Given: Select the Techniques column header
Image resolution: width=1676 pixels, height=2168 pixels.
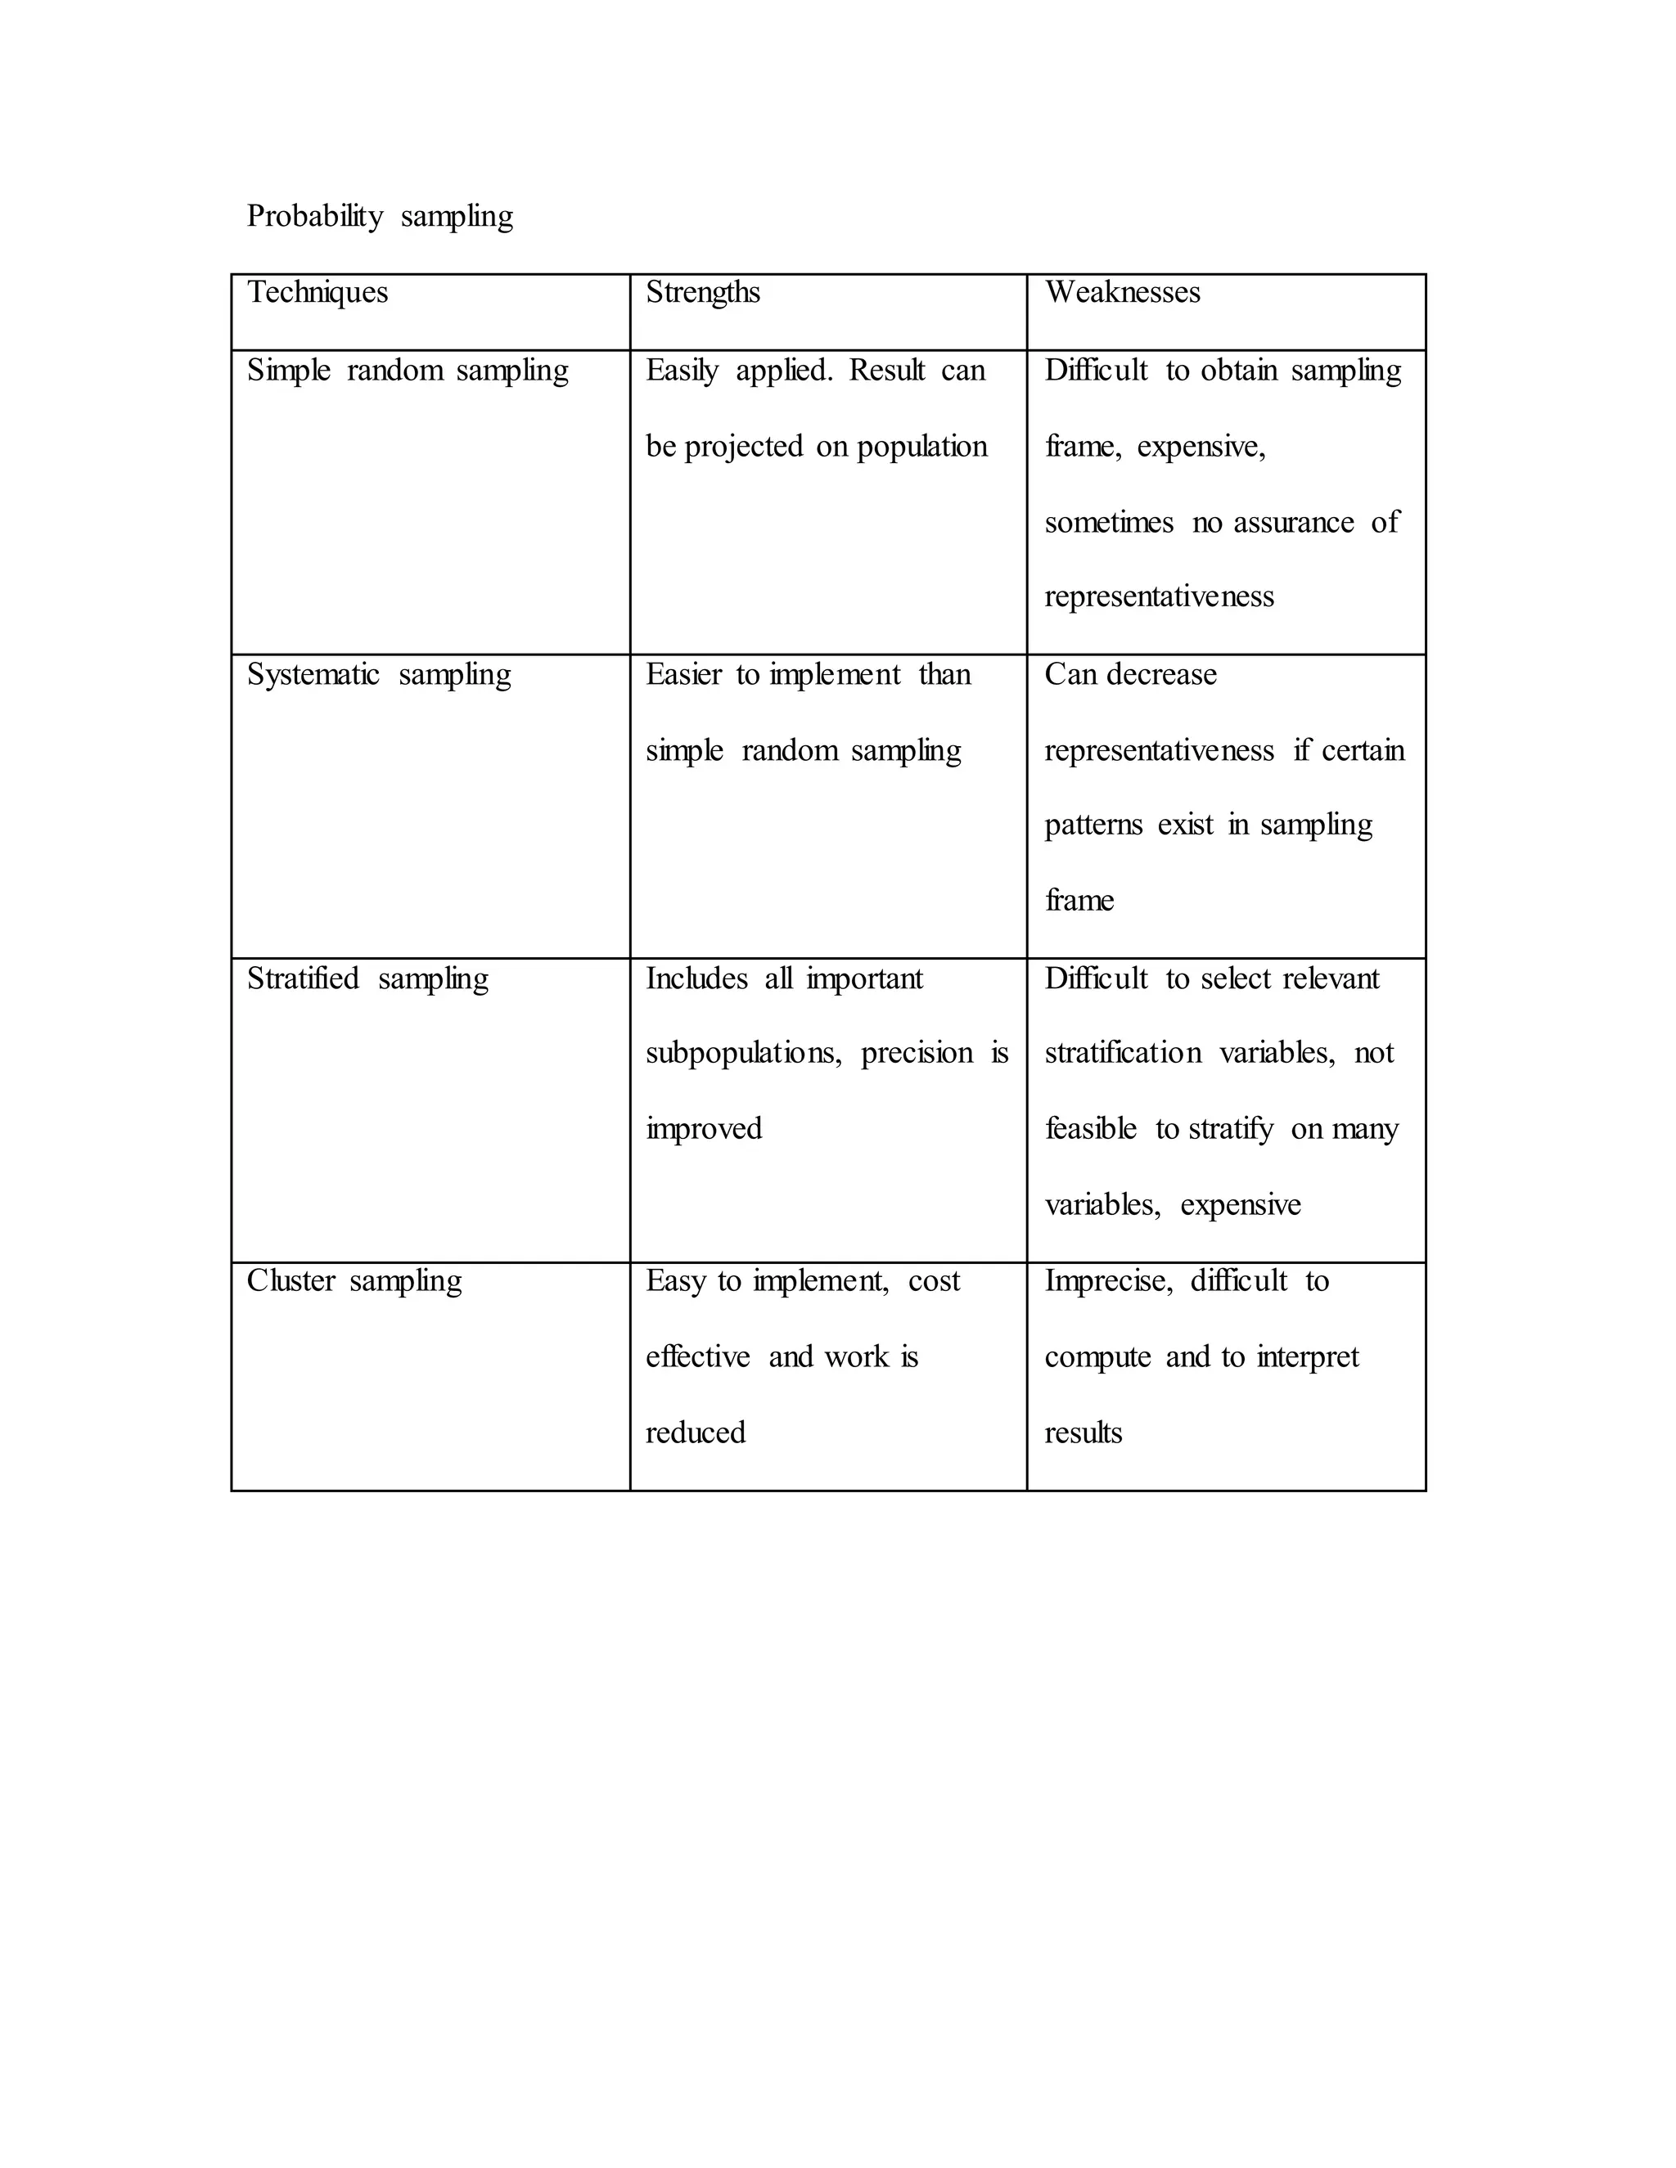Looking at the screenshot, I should tap(318, 293).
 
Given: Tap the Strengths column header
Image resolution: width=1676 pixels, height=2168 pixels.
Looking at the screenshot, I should tap(703, 293).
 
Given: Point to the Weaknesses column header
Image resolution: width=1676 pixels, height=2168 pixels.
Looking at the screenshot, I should tap(1122, 293).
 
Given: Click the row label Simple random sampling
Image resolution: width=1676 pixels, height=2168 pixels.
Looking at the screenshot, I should tap(407, 371).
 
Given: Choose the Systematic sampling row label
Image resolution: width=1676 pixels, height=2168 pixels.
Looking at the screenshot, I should tap(378, 675).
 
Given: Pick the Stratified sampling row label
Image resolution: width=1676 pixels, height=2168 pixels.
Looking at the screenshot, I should tap(367, 978).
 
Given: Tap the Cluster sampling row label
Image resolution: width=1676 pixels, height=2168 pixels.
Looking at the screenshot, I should tap(354, 1281).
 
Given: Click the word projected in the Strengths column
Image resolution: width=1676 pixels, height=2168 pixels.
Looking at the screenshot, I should tap(743, 448).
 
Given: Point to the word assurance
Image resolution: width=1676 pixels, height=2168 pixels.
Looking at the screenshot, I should tap(1293, 523).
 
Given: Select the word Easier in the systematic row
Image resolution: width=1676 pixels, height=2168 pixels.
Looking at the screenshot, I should tap(683, 675).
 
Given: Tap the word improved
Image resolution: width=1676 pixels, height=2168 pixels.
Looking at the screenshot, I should tap(703, 1130).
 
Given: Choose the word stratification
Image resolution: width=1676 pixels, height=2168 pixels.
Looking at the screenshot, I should tap(1122, 1053).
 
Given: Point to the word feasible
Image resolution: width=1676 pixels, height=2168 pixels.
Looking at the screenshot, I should tap(1090, 1130).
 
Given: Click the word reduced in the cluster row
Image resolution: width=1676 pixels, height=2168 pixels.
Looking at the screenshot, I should tap(695, 1433).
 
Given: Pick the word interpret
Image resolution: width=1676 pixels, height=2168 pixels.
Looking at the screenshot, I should tap(1308, 1358).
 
